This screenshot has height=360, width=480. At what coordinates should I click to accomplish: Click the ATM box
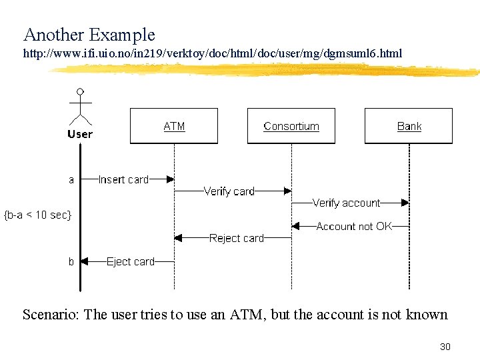pos(174,126)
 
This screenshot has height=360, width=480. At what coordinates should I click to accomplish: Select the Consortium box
pos(291,126)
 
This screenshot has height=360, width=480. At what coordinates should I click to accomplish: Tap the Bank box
pos(409,126)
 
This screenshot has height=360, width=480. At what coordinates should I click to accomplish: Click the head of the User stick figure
pos(80,91)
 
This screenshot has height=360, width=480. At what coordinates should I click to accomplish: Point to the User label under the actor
pos(80,134)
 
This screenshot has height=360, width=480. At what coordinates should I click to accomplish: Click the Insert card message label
pos(123,179)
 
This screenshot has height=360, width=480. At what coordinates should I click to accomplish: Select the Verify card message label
pos(229,191)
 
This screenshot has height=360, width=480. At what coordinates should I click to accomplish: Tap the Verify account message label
pos(346,203)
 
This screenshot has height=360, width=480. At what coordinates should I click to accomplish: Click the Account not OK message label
pos(354,227)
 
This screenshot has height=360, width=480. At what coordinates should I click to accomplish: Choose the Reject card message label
pos(237,238)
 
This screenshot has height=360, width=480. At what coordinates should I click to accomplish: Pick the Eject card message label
pos(131,262)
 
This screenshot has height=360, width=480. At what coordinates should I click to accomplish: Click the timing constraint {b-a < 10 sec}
pos(38,215)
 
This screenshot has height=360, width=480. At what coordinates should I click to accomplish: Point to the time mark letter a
pos(71,179)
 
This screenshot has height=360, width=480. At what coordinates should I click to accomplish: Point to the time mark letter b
pos(71,262)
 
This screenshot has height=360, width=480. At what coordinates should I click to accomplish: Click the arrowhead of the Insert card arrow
pos(171,179)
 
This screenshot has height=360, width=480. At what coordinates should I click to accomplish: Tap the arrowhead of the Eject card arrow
pos(85,262)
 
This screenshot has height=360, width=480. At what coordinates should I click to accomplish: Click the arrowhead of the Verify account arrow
pos(405,203)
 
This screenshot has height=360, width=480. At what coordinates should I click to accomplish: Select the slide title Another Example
pos(89,35)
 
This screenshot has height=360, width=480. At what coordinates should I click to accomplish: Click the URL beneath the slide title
pos(213,53)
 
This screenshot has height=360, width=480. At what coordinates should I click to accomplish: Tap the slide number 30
pos(445,347)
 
